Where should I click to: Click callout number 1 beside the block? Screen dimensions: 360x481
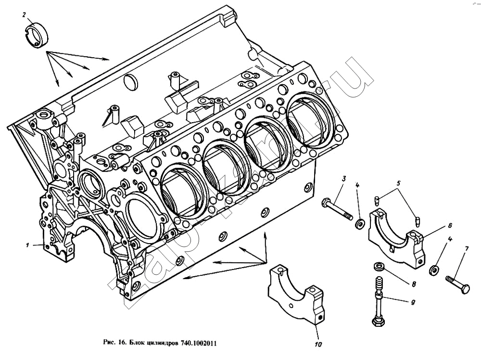(28, 245)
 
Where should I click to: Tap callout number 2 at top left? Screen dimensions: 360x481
(24, 15)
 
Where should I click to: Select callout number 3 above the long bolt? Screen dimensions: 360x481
(344, 179)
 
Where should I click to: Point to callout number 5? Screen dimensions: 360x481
(399, 183)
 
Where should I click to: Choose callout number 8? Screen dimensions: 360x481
(413, 284)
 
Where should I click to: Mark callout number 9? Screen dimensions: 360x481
(413, 303)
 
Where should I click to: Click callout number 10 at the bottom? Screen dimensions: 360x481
(318, 344)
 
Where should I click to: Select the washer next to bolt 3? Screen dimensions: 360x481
(360, 224)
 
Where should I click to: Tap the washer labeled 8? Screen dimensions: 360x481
(379, 266)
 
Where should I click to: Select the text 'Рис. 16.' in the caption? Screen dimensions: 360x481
(114, 343)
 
